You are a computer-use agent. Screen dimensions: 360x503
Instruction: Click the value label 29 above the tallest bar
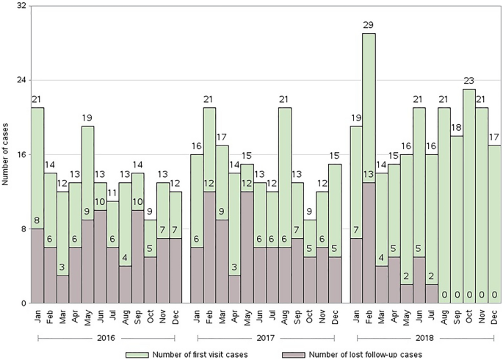point(369,26)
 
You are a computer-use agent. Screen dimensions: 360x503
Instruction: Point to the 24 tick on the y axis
point(21,80)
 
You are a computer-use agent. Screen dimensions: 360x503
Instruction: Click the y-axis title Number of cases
point(5,154)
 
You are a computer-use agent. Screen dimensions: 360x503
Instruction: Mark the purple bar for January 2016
point(37,266)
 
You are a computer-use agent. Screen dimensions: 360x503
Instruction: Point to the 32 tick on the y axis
point(21,6)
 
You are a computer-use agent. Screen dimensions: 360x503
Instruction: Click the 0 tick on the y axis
point(24,303)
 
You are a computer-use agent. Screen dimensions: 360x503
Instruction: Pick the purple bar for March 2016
point(63,289)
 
